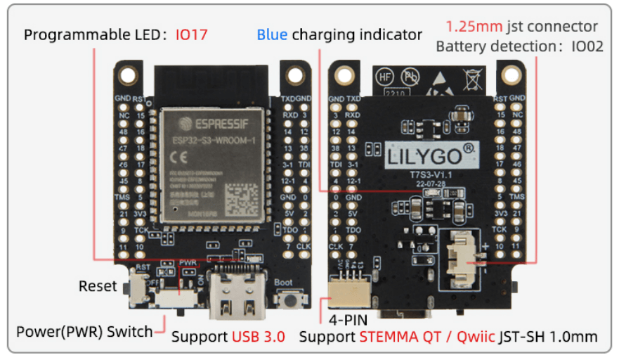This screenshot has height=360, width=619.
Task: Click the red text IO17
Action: click(192, 34)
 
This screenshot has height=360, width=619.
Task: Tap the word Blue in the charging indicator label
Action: click(272, 34)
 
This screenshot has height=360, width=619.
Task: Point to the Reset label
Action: click(98, 286)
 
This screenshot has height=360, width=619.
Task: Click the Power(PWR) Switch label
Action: click(84, 331)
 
